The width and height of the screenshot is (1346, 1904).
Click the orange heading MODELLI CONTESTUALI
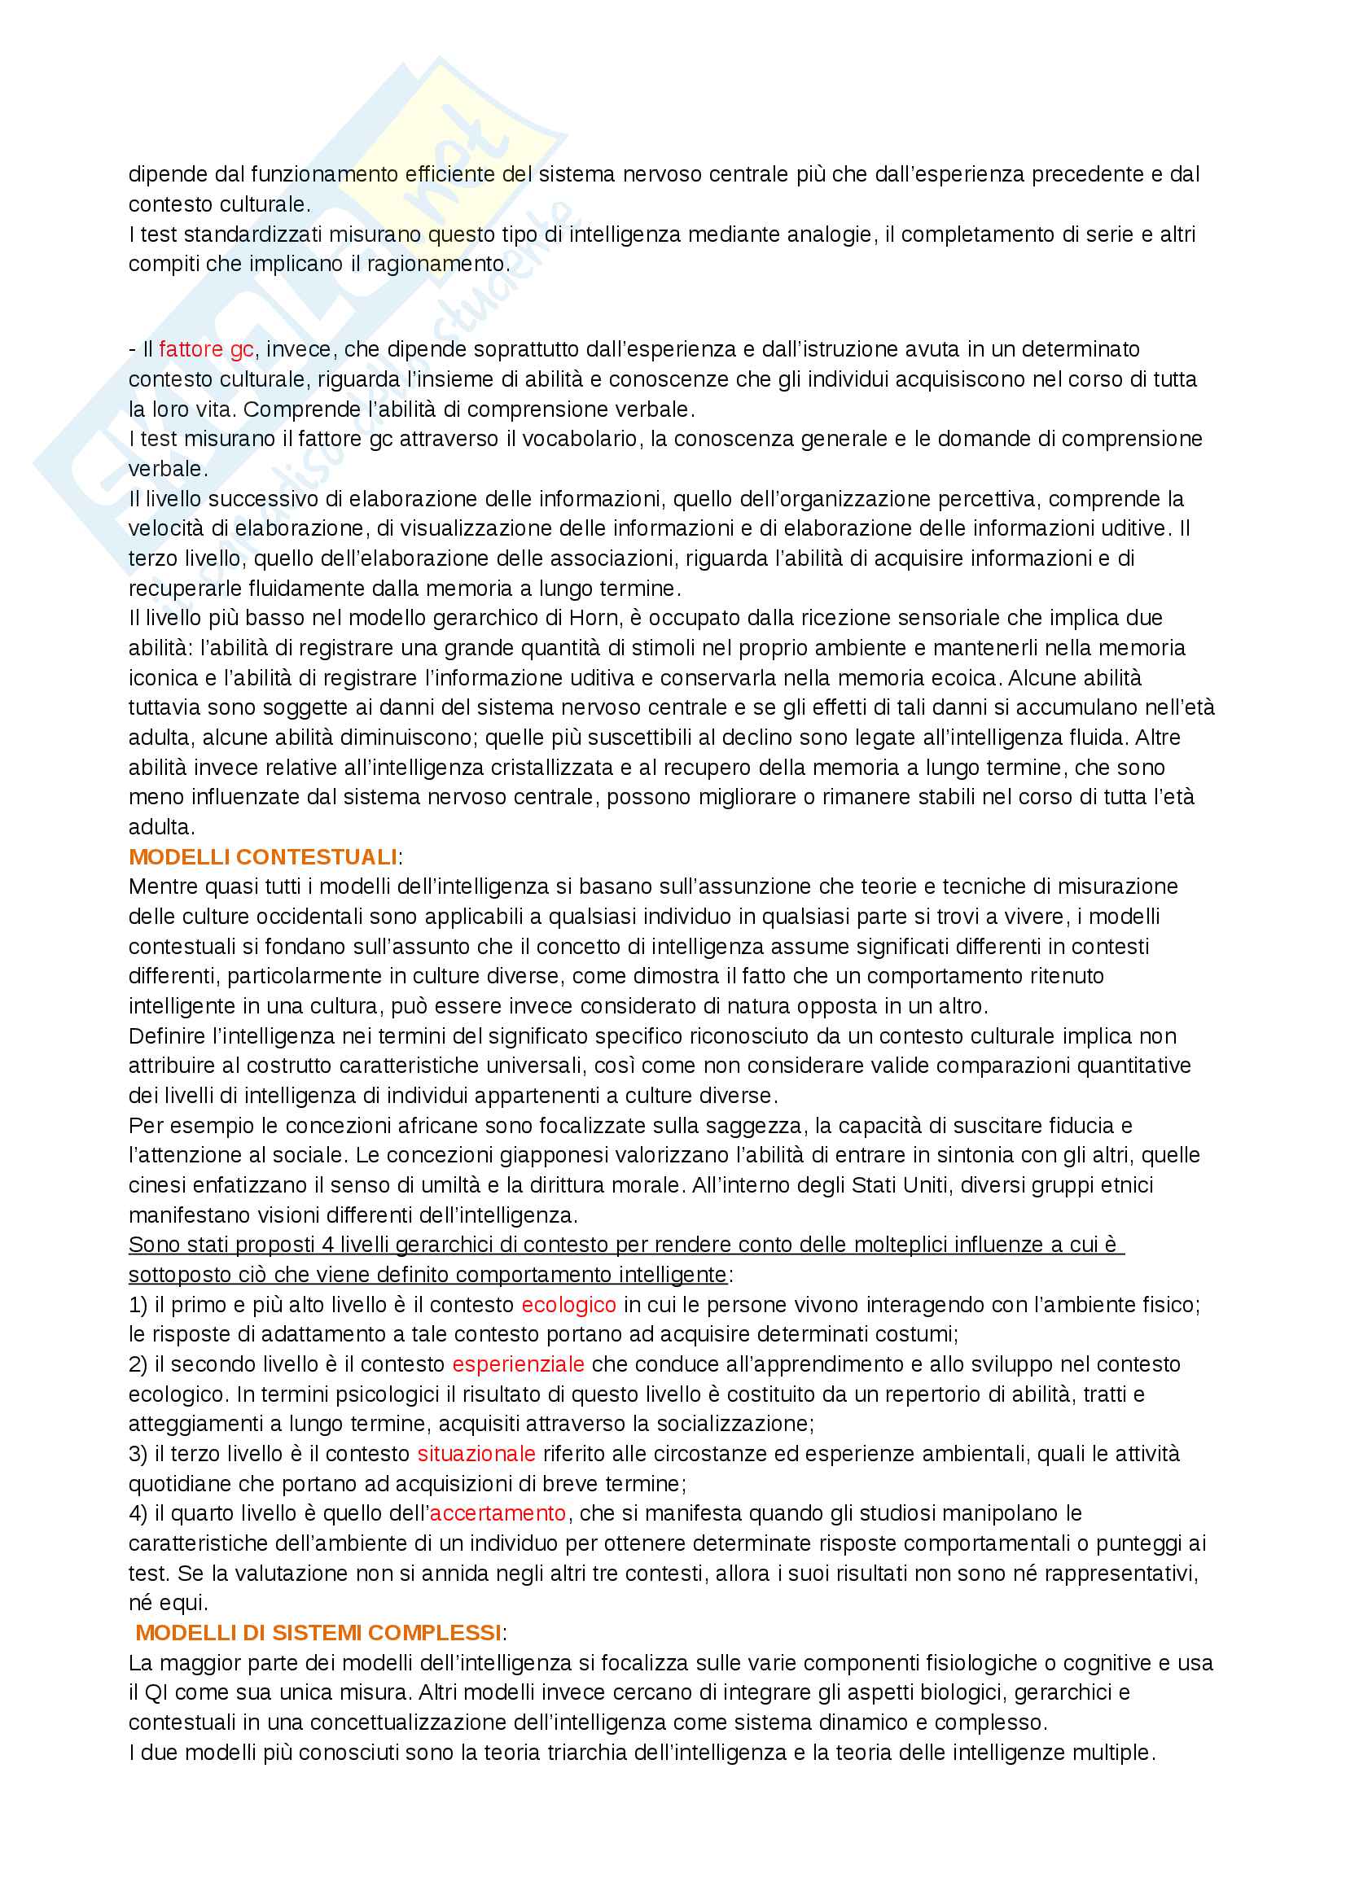262,856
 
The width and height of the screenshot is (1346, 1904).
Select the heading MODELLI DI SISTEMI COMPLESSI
318,1633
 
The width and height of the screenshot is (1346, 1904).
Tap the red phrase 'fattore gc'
206,349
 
